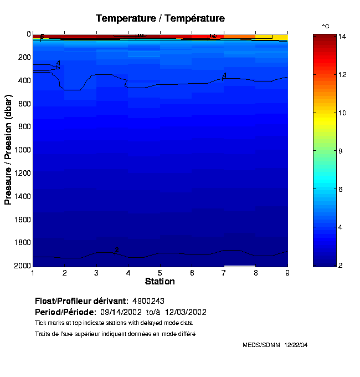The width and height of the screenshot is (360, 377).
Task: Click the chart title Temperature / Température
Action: coord(160,18)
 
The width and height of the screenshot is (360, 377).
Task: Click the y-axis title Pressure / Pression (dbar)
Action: coord(8,150)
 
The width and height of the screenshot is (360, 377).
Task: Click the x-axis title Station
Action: coord(160,282)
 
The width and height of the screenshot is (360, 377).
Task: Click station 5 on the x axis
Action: coord(160,273)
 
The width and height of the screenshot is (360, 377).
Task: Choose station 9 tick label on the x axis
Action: coord(287,273)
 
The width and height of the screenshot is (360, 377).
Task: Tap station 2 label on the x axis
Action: coord(65,273)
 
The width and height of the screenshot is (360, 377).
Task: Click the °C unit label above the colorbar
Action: coord(326,26)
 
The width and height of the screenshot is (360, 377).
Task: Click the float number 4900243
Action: coord(148,301)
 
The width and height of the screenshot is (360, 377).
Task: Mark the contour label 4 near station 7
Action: coord(224,75)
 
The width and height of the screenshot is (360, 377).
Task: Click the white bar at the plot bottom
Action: coord(239,266)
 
